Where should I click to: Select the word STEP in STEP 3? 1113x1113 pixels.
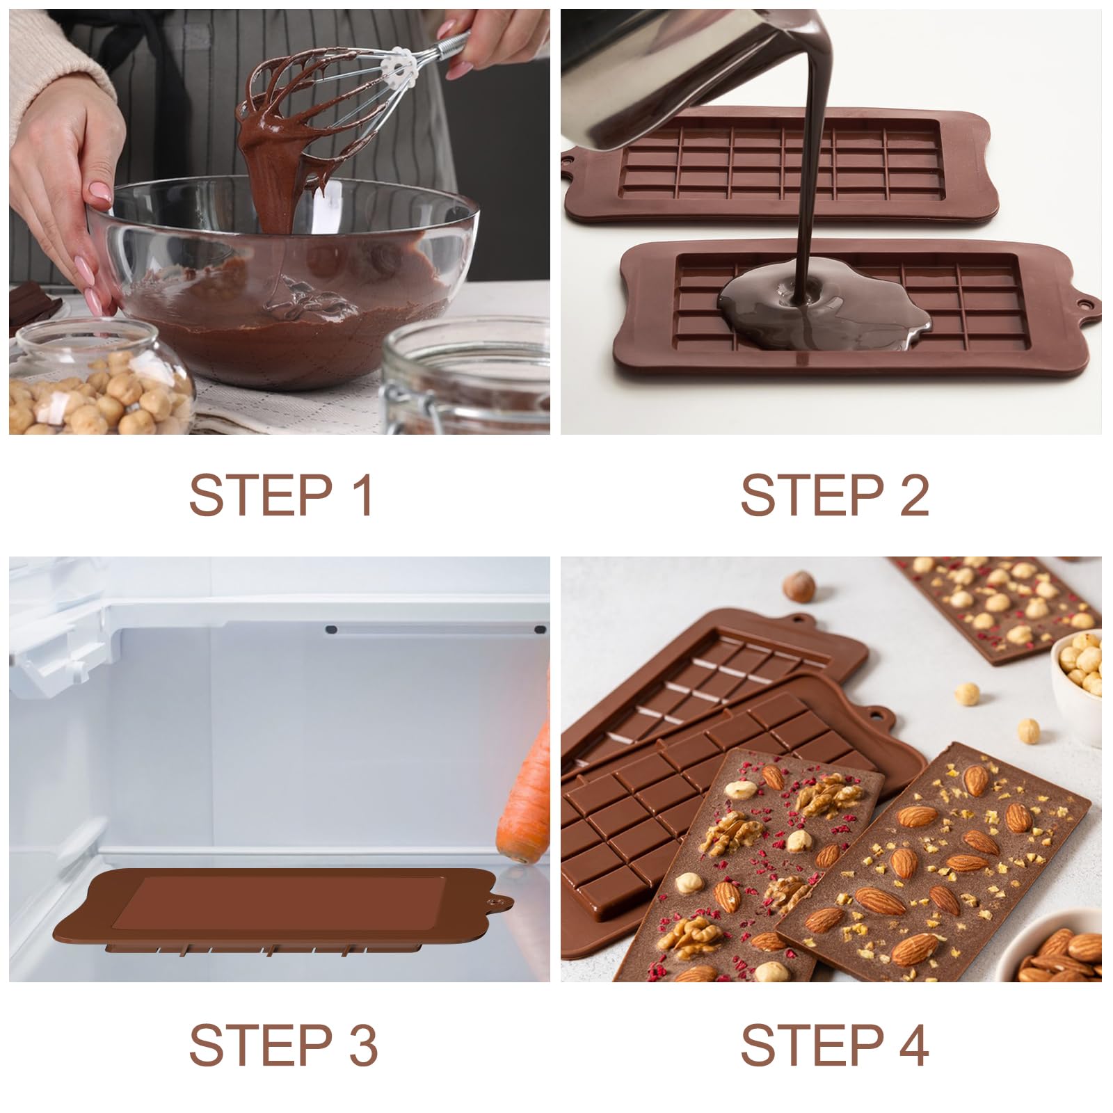point(261,1044)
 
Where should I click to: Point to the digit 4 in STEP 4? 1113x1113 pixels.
point(911,1044)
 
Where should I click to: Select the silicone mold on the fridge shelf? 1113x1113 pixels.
point(278,911)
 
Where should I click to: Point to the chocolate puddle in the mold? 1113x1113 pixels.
point(821,313)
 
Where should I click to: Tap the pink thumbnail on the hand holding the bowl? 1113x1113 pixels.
point(99,191)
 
